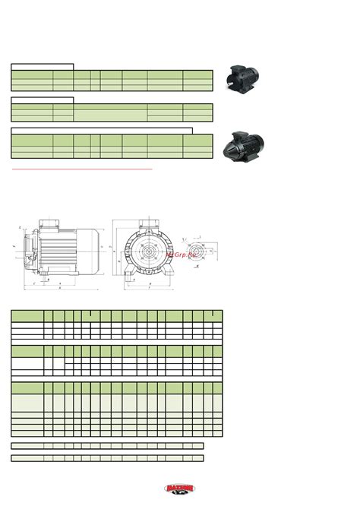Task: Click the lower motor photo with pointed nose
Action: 248,144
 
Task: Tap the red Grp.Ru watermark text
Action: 185,254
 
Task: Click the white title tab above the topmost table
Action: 42,67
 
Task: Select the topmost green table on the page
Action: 111,80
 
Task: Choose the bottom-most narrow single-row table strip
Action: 107,458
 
